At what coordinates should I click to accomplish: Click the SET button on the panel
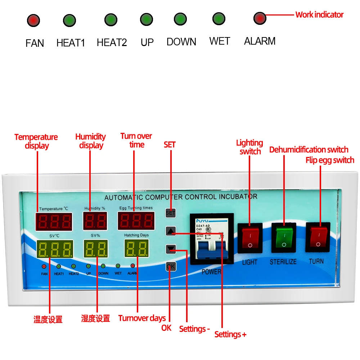tap(170, 213)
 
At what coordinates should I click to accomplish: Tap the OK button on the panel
tap(171, 266)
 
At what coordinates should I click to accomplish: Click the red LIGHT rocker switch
tap(250, 238)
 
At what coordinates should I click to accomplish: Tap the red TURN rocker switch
tap(317, 237)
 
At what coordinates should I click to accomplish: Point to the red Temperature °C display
tap(53, 221)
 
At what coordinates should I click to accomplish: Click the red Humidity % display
tap(95, 221)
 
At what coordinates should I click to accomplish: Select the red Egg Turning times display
tap(136, 221)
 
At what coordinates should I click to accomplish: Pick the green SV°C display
tap(55, 249)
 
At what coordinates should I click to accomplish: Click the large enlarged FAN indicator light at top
tap(33, 20)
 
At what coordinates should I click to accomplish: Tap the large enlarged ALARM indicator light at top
tap(260, 18)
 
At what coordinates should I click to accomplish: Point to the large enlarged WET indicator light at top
tap(219, 18)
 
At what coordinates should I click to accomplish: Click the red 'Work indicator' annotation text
tap(319, 15)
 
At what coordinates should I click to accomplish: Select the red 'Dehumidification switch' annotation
tap(309, 150)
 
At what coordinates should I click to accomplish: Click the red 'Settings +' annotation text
tap(230, 334)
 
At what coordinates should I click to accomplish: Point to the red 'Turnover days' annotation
tap(142, 318)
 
